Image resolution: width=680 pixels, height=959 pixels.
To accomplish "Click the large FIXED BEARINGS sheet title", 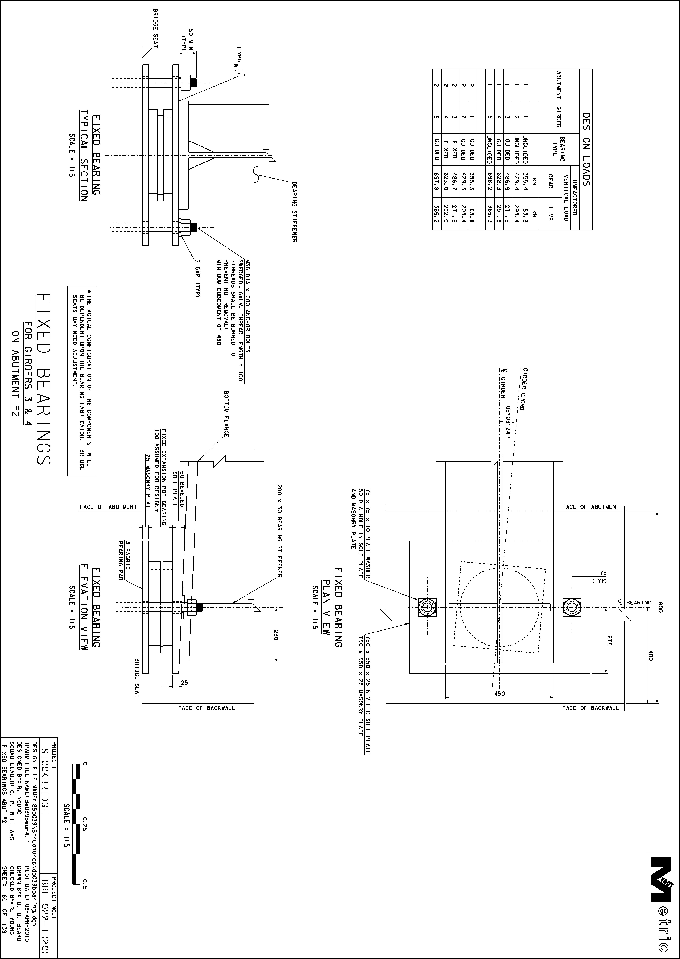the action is tap(43, 379).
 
